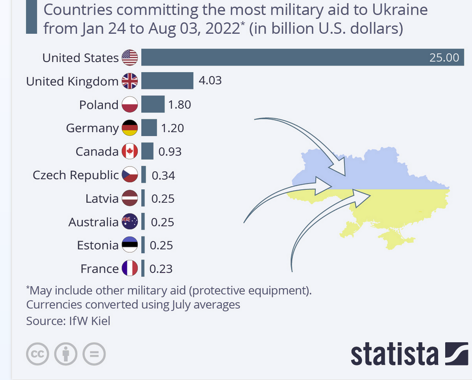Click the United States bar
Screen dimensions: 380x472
[279, 57]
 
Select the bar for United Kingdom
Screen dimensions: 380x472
[167, 80]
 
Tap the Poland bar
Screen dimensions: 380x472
[153, 104]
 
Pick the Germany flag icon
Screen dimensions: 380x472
[129, 128]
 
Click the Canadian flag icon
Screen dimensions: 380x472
[129, 151]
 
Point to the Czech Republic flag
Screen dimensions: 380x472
[129, 175]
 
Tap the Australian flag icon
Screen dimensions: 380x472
[129, 222]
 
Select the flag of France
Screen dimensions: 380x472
[129, 269]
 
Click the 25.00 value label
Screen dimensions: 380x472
[444, 58]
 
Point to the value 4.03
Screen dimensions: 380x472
[210, 80]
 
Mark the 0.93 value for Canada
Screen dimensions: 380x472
[170, 152]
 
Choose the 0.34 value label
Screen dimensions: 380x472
[163, 175]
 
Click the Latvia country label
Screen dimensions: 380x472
[102, 199]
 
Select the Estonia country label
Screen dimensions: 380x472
[98, 245]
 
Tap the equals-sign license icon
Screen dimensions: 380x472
[94, 354]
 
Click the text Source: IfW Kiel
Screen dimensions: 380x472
[68, 321]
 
